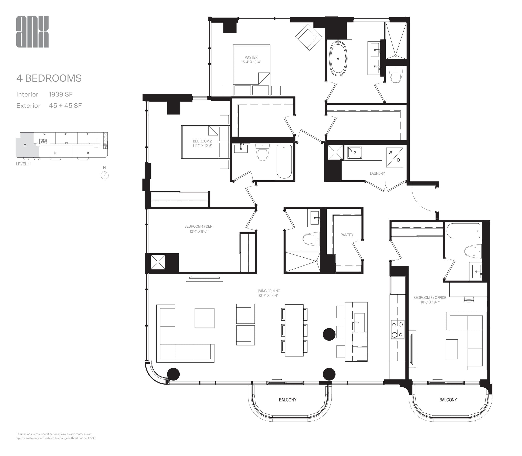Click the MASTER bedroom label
point(251,57)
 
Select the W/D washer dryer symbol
point(394,157)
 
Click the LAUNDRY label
point(377,173)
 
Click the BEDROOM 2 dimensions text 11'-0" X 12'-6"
point(202,146)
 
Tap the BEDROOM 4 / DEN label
point(198,226)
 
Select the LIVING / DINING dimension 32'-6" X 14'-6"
point(268,296)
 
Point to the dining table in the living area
point(294,330)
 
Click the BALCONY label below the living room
point(288,400)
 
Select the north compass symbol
point(104,175)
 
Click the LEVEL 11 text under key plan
point(24,164)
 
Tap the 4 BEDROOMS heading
point(49,78)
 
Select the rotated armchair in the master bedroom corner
point(309,37)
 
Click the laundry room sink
point(355,152)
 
